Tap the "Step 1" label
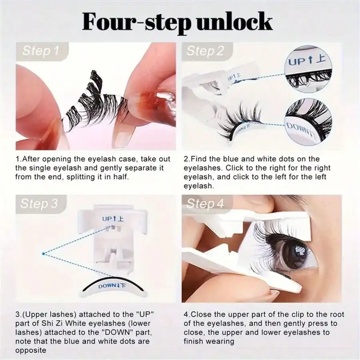point(41,51)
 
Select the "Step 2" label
point(205,51)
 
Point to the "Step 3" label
point(39,204)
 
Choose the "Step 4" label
point(205,204)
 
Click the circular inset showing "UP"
point(308,69)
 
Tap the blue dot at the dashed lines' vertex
point(43,254)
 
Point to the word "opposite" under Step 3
point(31,350)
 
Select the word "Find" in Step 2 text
point(199,159)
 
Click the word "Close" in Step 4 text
point(201,314)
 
